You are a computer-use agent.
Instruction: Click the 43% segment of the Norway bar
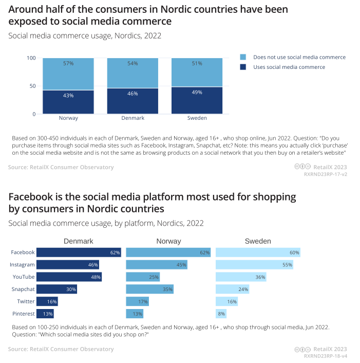click(x=68, y=102)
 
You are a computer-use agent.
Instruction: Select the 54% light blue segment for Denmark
click(x=132, y=73)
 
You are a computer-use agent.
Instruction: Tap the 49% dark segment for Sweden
click(x=197, y=100)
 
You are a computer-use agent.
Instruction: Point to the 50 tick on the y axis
click(x=32, y=86)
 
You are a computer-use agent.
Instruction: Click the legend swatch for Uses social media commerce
click(x=243, y=67)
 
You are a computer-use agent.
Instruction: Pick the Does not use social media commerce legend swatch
click(x=243, y=57)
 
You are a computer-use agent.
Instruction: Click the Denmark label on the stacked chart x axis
click(x=132, y=118)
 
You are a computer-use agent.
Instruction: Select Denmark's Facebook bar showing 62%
click(x=79, y=252)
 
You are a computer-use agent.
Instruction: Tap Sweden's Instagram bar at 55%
click(x=254, y=265)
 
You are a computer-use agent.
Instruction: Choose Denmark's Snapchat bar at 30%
click(x=56, y=289)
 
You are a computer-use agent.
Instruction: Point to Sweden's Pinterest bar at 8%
click(x=221, y=313)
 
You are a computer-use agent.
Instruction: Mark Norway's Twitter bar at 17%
click(x=137, y=301)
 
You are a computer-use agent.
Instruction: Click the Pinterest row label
click(x=24, y=314)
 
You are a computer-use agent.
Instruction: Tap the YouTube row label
click(x=23, y=277)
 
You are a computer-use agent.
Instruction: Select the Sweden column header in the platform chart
click(x=258, y=241)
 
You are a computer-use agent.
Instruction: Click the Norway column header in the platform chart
click(x=168, y=241)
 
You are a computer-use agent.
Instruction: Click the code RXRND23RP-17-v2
click(x=326, y=174)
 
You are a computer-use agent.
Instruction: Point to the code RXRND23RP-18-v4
click(x=326, y=356)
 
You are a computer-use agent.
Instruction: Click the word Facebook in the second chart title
click(x=30, y=197)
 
